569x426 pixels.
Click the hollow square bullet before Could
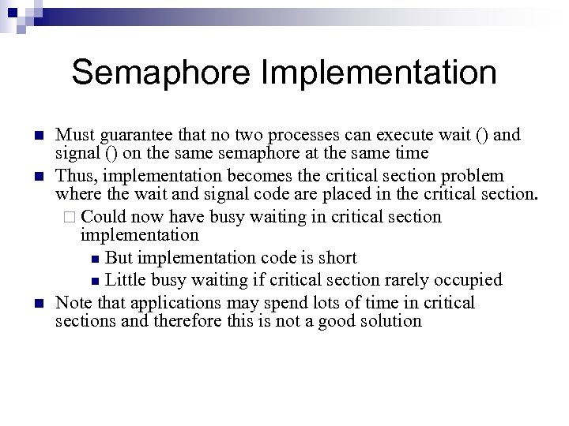tap(71, 217)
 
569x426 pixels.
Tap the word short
tap(338, 258)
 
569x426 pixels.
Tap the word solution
tap(393, 321)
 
